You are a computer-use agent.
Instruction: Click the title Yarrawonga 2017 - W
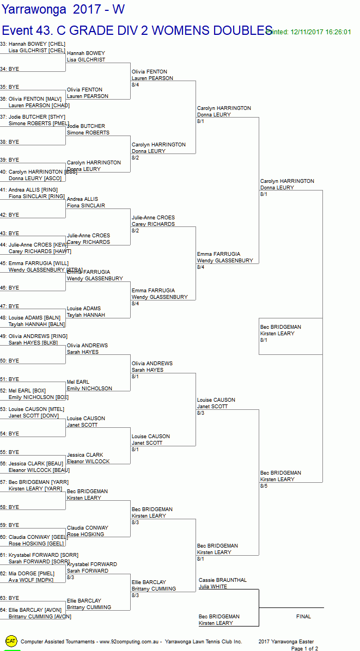(x=63, y=9)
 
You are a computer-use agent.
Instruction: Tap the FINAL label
(x=303, y=617)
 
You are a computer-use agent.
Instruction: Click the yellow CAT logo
(x=11, y=641)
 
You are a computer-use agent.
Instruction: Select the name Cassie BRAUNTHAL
(x=222, y=580)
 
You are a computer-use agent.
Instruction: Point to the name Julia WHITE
(x=212, y=587)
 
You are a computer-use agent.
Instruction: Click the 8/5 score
(x=264, y=486)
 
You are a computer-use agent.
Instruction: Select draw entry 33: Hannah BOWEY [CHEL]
(x=33, y=44)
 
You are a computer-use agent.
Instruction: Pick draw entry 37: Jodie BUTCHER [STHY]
(x=33, y=117)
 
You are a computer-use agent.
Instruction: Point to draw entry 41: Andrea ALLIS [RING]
(x=33, y=190)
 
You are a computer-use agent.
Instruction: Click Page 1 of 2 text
(x=304, y=649)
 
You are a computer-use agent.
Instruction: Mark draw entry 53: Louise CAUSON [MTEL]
(x=32, y=409)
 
